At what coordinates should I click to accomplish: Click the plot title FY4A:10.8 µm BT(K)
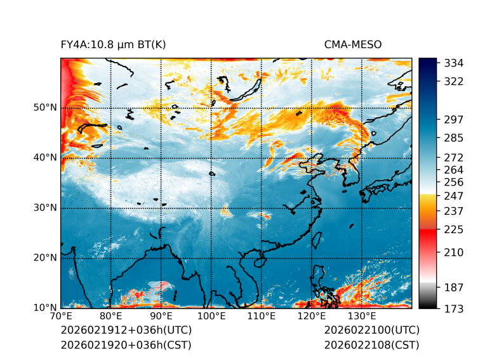click(x=113, y=44)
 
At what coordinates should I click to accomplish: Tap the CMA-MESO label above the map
click(x=353, y=44)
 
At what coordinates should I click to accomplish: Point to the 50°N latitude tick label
click(x=45, y=108)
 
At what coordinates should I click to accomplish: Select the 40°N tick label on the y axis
click(x=45, y=158)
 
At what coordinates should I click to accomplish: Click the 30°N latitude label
click(x=45, y=208)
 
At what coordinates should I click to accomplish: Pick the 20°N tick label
click(x=45, y=258)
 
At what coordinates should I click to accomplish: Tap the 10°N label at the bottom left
click(x=45, y=308)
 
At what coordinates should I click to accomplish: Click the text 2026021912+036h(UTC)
click(x=126, y=330)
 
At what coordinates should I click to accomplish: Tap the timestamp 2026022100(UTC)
click(x=371, y=330)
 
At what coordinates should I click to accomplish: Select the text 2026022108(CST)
click(x=371, y=345)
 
